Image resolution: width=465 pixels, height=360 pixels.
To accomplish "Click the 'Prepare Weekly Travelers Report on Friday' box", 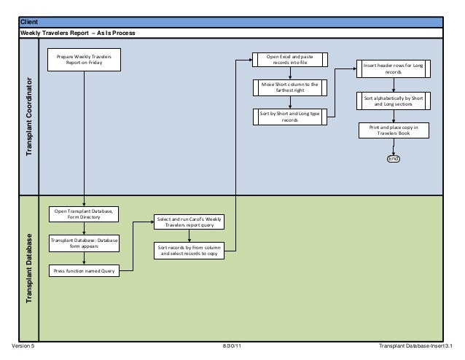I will pyautogui.click(x=85, y=59).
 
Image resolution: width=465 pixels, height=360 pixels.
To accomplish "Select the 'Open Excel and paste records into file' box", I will pyautogui.click(x=290, y=60).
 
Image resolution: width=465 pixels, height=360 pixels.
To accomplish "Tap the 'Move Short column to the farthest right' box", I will pyautogui.click(x=290, y=88).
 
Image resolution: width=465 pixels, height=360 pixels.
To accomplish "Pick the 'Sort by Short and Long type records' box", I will pyautogui.click(x=290, y=117).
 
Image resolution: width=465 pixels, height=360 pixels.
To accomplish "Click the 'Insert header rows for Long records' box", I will pyautogui.click(x=393, y=69).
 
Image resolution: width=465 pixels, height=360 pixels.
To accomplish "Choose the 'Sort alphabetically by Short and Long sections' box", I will pyautogui.click(x=393, y=100).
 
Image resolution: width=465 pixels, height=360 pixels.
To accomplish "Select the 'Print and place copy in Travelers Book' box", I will pyautogui.click(x=393, y=130).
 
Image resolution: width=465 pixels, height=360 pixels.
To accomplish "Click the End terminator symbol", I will pyautogui.click(x=394, y=159).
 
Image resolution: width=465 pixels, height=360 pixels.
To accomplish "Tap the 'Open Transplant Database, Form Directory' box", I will pyautogui.click(x=85, y=214).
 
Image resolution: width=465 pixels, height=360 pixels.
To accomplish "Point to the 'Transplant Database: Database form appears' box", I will pyautogui.click(x=85, y=243).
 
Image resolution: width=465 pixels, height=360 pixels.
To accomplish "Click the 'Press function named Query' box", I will pyautogui.click(x=85, y=271).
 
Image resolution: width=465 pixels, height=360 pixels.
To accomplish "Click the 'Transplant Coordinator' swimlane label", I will pyautogui.click(x=30, y=116).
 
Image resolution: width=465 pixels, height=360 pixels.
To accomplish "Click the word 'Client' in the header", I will pyautogui.click(x=30, y=23).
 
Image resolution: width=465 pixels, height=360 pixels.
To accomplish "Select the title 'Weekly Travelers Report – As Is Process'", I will pyautogui.click(x=77, y=34).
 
